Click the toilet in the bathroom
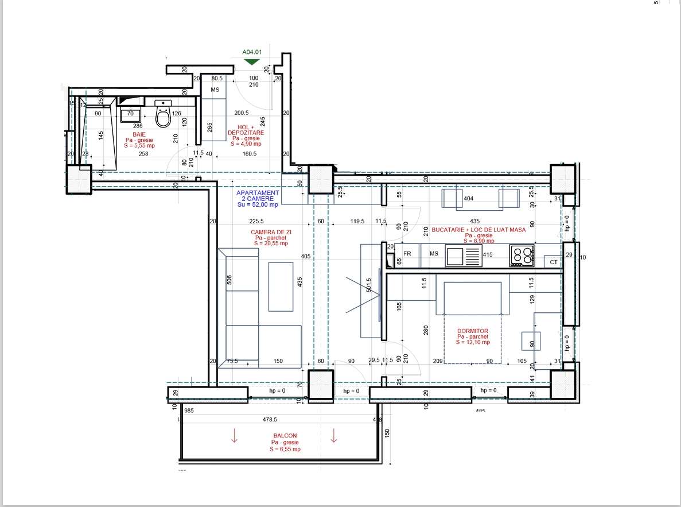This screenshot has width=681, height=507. [x=163, y=117]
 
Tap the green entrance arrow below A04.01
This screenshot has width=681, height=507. [x=251, y=61]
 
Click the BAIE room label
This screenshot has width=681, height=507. [x=139, y=134]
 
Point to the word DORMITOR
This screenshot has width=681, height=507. [x=473, y=331]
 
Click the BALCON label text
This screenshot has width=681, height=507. [x=285, y=436]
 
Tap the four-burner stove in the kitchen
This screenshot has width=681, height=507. [x=522, y=256]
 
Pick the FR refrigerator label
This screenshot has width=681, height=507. [x=407, y=253]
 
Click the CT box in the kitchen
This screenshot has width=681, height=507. [x=553, y=262]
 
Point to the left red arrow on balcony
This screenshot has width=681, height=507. [x=234, y=436]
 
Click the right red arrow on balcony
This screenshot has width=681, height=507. [x=333, y=436]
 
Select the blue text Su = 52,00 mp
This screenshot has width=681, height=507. [x=258, y=205]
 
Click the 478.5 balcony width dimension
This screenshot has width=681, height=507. [x=270, y=420]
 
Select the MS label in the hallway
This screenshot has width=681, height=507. [x=215, y=90]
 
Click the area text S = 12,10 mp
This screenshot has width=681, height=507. [x=473, y=342]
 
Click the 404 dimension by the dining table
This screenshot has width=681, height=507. [x=468, y=199]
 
